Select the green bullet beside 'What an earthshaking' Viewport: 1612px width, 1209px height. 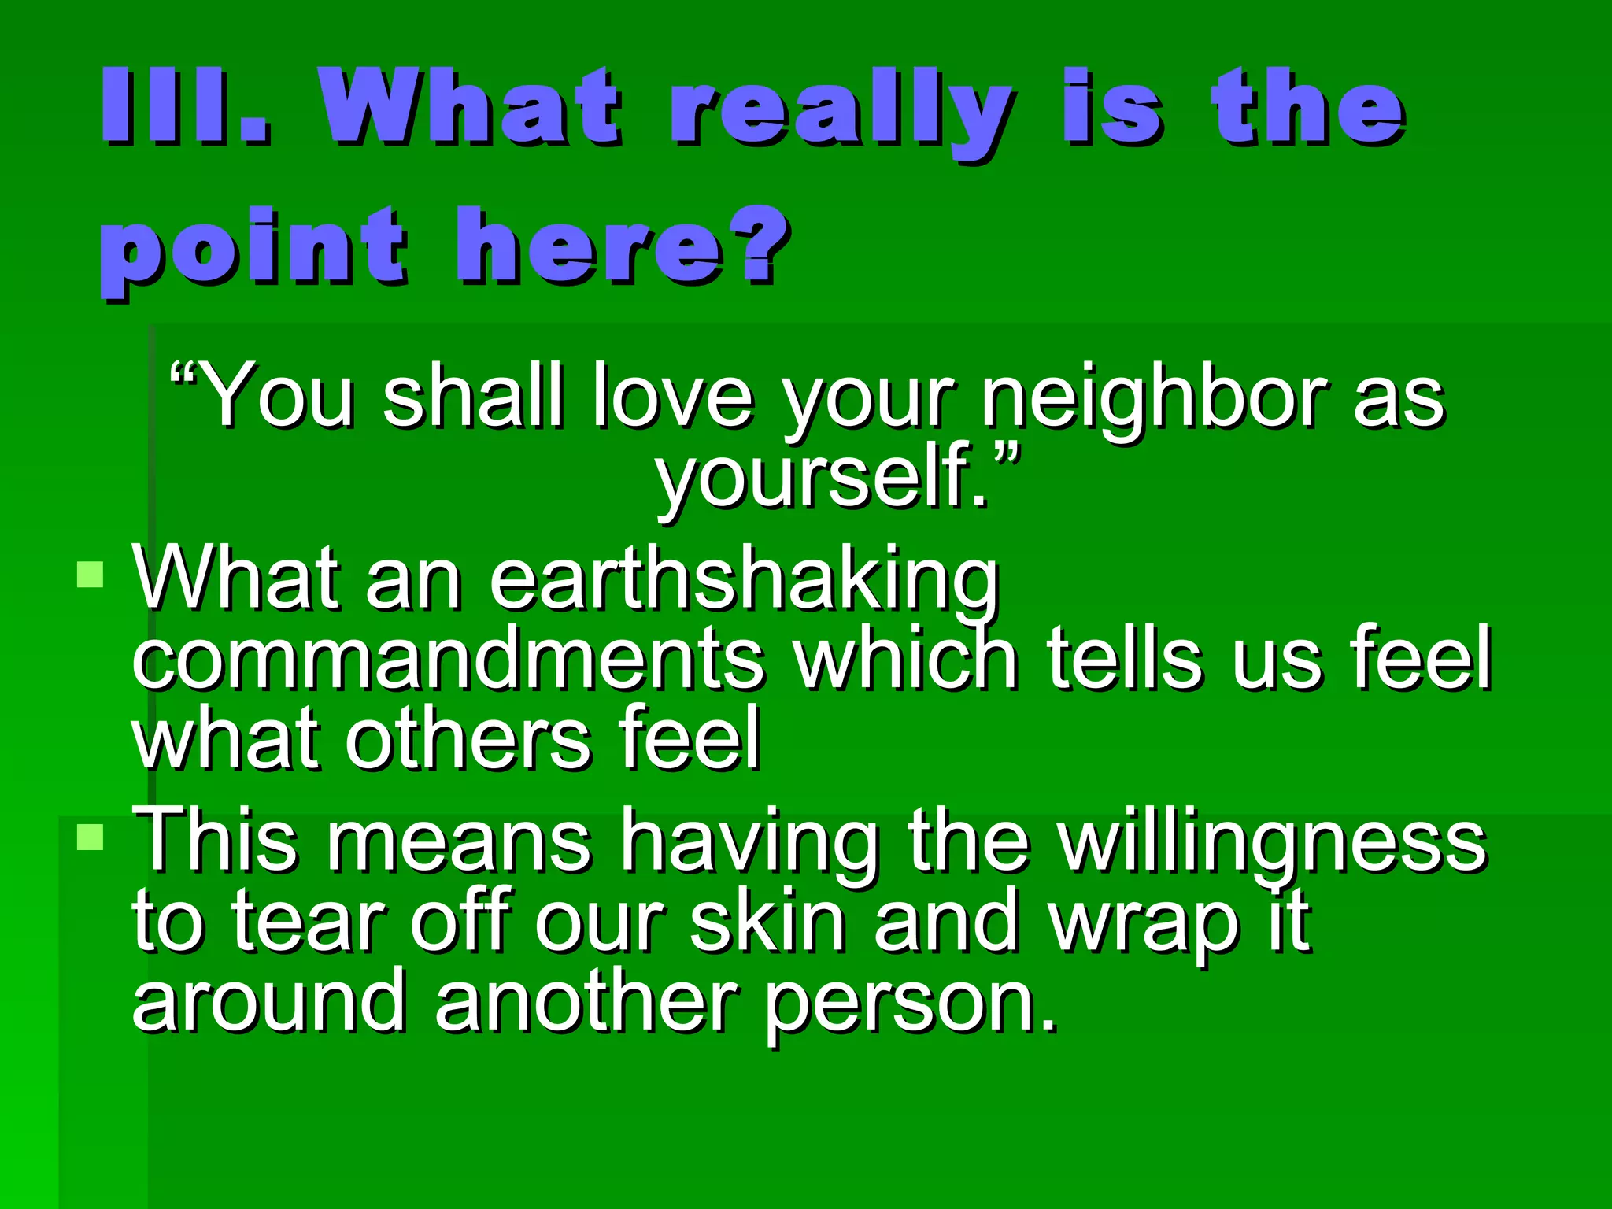point(91,574)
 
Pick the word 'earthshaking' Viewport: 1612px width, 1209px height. point(744,581)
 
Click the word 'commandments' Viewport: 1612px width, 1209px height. point(449,660)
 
